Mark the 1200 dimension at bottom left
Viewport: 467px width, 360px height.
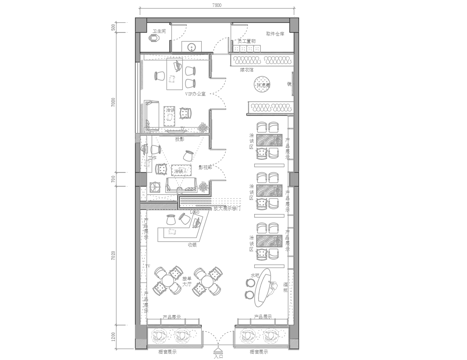tap(114, 334)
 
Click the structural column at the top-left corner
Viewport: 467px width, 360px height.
tap(141, 23)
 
